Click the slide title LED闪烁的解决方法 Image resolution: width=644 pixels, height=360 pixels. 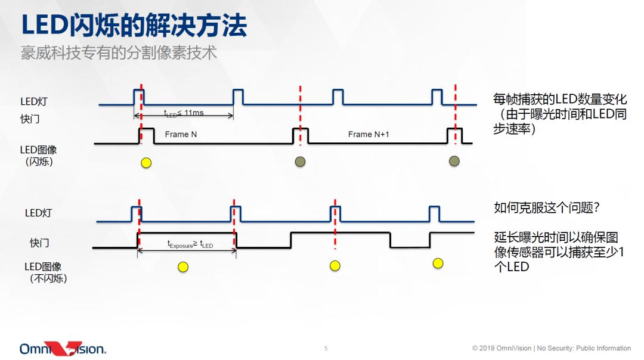134,26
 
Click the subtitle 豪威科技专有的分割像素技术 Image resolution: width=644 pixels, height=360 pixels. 119,53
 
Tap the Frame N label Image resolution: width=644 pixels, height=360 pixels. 181,135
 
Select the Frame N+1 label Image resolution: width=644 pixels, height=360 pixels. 369,135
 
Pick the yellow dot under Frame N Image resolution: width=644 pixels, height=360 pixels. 145,162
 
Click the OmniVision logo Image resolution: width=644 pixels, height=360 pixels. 63,349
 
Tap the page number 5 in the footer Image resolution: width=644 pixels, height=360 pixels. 326,348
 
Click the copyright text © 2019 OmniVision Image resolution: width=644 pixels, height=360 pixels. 501,348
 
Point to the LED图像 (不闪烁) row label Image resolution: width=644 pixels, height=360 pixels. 43,272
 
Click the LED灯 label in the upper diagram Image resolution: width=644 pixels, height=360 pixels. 33,101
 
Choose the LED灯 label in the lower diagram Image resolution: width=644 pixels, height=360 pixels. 38,213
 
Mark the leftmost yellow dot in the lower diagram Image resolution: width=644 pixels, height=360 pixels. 183,267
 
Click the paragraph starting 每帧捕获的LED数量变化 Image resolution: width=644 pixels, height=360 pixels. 560,114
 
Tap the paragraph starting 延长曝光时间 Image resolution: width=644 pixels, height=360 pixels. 560,251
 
